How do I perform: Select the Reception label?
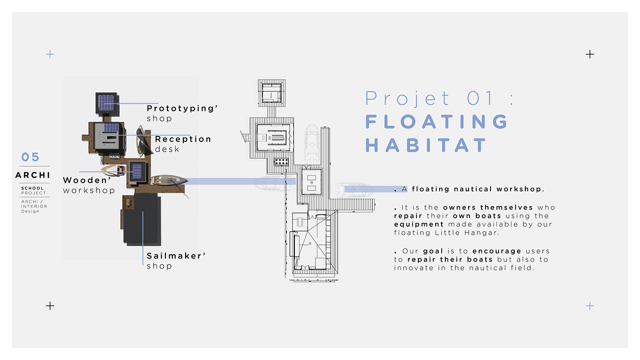point(183,139)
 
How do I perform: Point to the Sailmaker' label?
point(176,256)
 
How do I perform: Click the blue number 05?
point(31,158)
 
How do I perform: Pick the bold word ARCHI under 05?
point(33,175)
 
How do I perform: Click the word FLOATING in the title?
point(437,122)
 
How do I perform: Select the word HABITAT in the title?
point(426,145)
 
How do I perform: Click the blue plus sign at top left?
point(50,54)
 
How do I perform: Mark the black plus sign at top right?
point(590,54)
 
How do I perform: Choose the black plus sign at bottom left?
point(50,306)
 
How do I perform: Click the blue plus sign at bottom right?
point(590,306)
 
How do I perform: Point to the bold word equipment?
point(419,224)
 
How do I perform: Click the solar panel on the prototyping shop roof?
point(106,103)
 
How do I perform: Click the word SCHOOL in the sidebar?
point(32,188)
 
